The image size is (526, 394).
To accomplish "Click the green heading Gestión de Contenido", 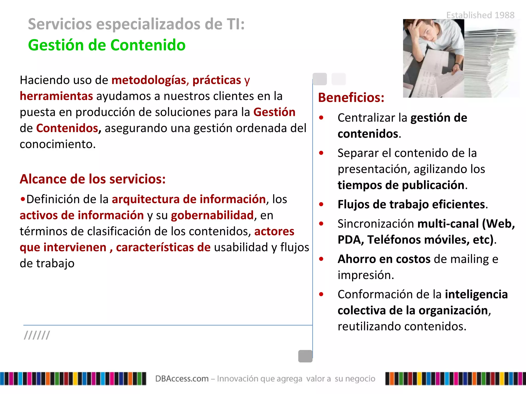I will pos(107,45).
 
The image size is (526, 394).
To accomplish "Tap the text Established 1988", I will pos(480,15).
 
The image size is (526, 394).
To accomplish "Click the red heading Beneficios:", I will pos(351,98).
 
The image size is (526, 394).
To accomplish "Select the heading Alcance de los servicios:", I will pos(93,179).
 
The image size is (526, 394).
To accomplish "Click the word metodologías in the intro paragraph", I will pos(149,80).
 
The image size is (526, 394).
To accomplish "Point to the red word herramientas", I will pos(56,96).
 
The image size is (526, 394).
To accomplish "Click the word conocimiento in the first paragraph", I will pos(58,144).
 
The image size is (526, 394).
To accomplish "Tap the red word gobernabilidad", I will pos(212,215).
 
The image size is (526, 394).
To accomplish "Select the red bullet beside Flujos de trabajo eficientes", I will pos(321,204).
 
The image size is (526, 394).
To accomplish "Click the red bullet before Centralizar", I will pos(321,118).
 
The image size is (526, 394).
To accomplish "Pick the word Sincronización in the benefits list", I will pos(376,224).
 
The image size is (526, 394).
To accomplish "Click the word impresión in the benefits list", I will pos(365,275).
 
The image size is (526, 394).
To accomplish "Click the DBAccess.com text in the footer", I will pos(182,379).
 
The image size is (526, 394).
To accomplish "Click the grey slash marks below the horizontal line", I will pos(37,335).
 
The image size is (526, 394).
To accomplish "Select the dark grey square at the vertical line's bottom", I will pos(305,356).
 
